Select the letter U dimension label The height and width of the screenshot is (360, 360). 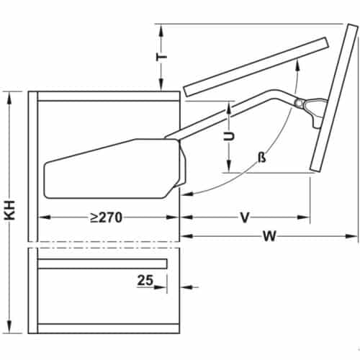228,138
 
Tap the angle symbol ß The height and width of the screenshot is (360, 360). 261,157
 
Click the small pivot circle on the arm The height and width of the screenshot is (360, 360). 298,103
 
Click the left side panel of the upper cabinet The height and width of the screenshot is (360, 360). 33,166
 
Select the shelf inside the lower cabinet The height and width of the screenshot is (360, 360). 102,264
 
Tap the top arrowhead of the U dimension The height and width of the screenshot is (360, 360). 228,105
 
